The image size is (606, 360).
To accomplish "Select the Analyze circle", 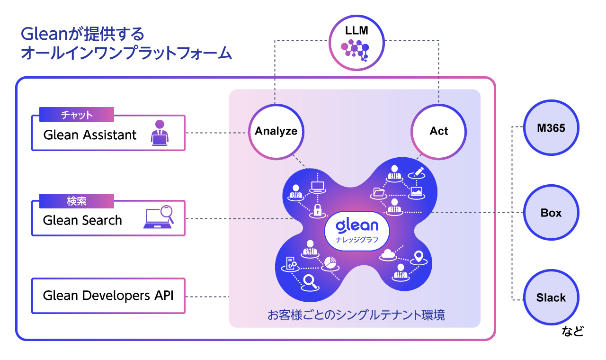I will (x=276, y=131).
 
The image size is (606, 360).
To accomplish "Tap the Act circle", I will (x=438, y=131).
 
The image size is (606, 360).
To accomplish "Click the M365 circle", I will (x=551, y=128).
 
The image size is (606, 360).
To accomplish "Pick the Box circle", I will (x=551, y=213).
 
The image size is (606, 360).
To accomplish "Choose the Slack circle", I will (x=551, y=297).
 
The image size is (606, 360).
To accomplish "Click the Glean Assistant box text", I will (x=90, y=135).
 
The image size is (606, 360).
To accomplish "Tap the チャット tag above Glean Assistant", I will (x=77, y=115).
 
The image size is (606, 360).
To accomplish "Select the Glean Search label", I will (x=82, y=220).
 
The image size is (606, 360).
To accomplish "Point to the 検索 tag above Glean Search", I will (x=77, y=201).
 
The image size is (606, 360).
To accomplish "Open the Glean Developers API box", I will (x=108, y=296).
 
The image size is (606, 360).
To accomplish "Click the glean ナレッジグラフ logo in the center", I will (x=357, y=230).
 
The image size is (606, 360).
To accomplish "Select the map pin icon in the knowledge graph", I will (x=418, y=257).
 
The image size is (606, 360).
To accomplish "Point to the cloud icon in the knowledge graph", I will (x=388, y=254).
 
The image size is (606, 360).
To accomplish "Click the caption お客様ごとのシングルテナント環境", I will (x=356, y=315).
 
